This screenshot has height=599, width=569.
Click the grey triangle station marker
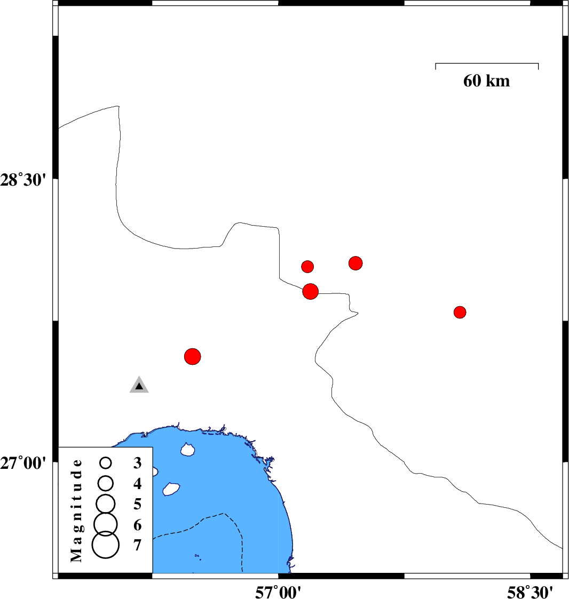click(x=139, y=385)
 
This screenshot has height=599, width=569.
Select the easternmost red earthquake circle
click(x=460, y=312)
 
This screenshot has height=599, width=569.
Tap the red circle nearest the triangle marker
click(x=192, y=356)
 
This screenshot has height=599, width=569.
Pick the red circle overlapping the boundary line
click(x=310, y=291)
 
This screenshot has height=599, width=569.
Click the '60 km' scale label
click(x=486, y=81)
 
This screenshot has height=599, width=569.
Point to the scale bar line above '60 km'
click(x=487, y=63)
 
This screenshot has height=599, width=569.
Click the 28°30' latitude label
click(x=23, y=180)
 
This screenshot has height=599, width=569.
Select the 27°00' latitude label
click(x=23, y=462)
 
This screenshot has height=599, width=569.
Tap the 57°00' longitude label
click(x=278, y=592)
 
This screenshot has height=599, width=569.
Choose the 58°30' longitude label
click(x=530, y=592)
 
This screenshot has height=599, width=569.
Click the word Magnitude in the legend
click(x=76, y=510)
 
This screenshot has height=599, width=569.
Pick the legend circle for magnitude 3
click(x=106, y=463)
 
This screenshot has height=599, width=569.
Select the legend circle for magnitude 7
click(x=106, y=545)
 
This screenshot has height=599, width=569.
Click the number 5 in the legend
click(x=137, y=504)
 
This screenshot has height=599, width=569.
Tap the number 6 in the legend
click(x=137, y=525)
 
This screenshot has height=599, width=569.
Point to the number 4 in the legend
click(x=137, y=484)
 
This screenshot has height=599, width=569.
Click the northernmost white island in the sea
click(x=187, y=450)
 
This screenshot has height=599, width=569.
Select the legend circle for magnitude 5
click(x=106, y=504)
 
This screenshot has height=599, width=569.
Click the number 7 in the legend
click(x=137, y=545)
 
